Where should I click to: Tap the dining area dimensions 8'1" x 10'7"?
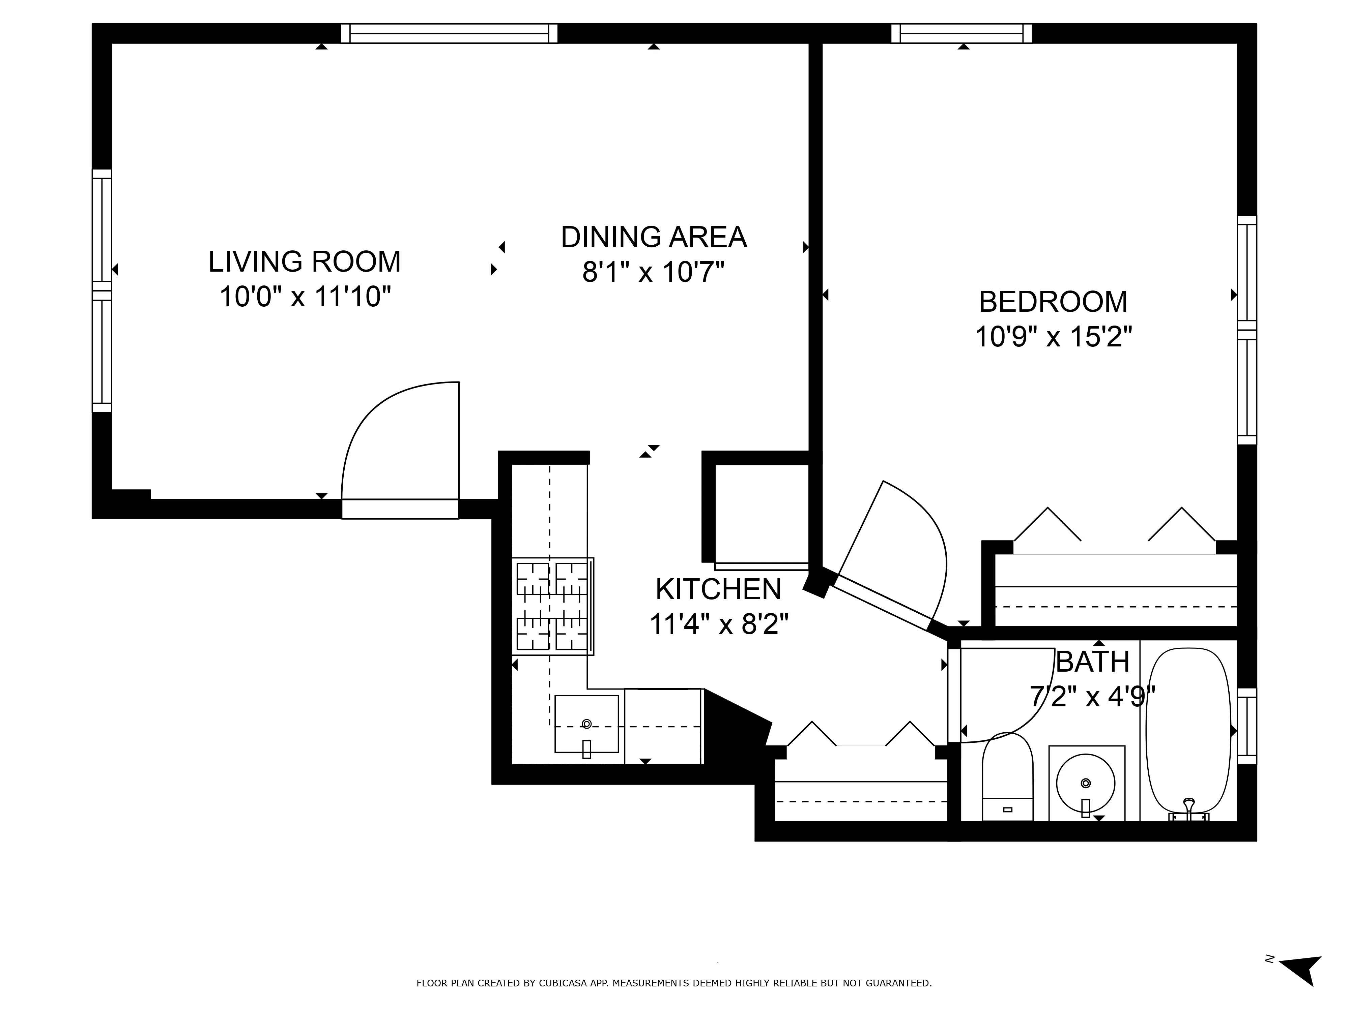pyautogui.click(x=653, y=272)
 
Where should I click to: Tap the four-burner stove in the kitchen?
pyautogui.click(x=552, y=606)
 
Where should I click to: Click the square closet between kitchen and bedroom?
pyautogui.click(x=761, y=513)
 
